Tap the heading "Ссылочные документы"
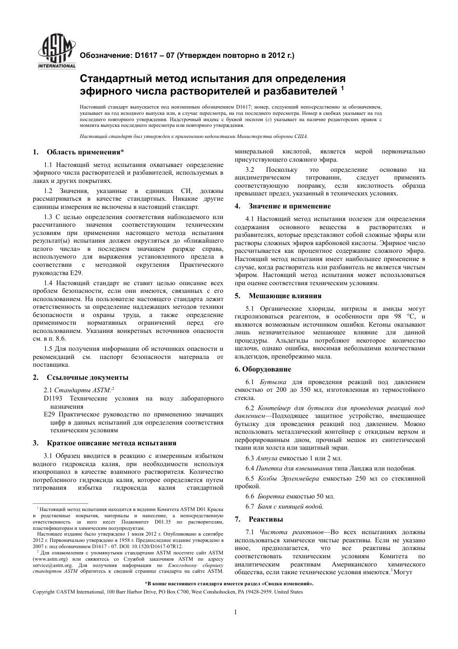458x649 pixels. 87,377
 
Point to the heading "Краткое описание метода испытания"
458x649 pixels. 111,443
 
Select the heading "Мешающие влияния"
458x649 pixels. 284,296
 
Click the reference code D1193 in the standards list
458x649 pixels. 54,399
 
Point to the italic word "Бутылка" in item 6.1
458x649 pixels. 273,382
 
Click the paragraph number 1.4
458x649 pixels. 48,283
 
